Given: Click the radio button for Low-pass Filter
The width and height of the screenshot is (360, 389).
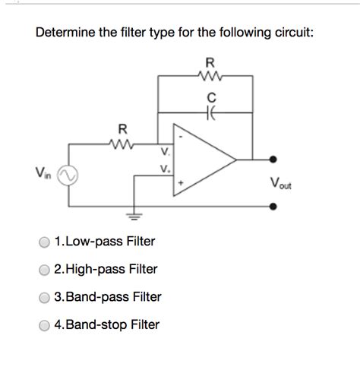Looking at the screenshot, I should [x=45, y=242].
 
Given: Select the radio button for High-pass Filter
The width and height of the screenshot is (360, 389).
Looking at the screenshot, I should [x=45, y=270].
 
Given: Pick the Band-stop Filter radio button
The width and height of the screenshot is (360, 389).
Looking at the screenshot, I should [x=45, y=326].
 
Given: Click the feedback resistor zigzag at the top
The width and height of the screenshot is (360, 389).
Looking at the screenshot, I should [x=210, y=75].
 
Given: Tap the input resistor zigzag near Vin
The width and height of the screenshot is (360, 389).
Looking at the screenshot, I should [x=119, y=143].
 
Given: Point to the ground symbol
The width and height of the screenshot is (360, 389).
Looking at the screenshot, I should [x=137, y=214].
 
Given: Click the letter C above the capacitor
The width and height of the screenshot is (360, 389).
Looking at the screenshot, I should [x=210, y=96].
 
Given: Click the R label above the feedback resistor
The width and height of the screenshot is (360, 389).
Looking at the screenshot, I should [x=210, y=62].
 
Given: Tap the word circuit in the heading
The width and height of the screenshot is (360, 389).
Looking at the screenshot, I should [x=285, y=33].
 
